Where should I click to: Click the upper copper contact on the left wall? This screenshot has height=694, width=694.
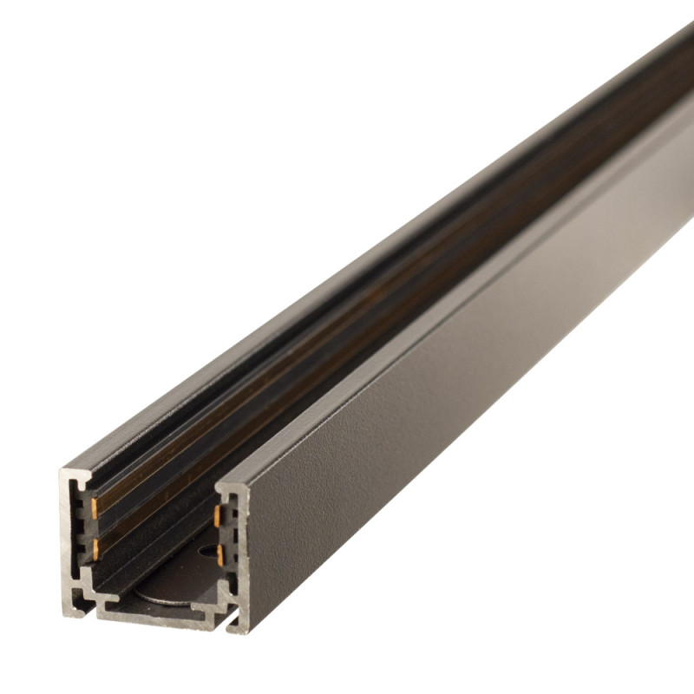coord(94,507)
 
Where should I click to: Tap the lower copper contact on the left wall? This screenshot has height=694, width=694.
coord(95,547)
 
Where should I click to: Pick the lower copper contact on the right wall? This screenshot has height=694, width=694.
coord(219,555)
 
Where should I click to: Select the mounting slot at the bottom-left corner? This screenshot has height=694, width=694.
coord(82,599)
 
